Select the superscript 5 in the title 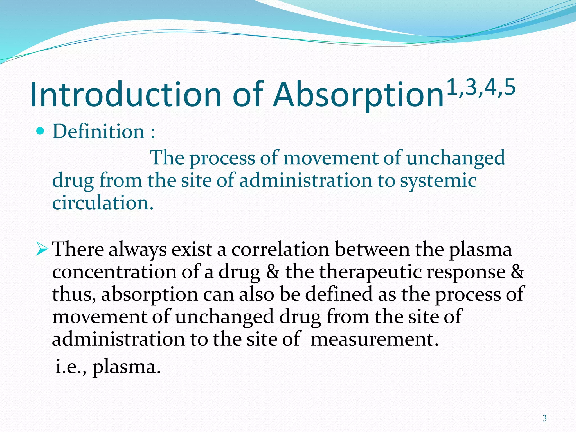pos(510,87)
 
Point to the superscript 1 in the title pos(452,87)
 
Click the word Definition pos(98,131)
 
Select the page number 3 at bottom pos(544,418)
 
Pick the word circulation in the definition pos(103,203)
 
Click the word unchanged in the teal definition pos(456,158)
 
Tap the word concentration pos(114,272)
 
